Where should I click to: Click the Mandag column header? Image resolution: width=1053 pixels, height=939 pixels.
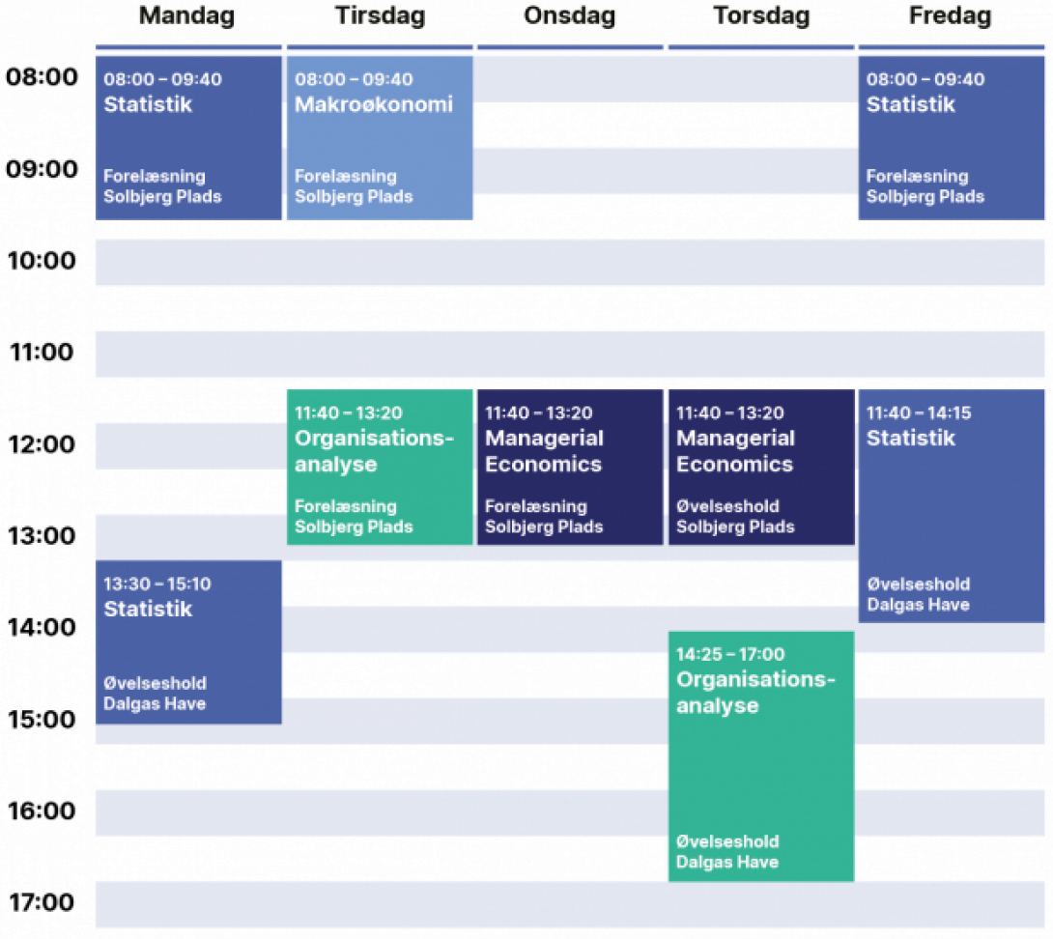point(186,16)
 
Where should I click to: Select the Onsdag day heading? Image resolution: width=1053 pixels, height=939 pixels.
point(569,15)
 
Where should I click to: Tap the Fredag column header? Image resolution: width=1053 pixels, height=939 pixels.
point(950,16)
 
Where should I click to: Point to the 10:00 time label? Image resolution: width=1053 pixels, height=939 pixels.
point(42,261)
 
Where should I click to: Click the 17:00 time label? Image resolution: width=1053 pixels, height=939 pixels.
point(42,902)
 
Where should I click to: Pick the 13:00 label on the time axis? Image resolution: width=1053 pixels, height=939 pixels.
point(42,536)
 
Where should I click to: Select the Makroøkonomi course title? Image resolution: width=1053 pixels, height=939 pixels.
point(374,104)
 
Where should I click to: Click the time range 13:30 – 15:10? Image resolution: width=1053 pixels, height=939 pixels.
point(157,583)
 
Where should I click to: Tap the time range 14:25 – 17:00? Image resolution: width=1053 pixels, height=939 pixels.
point(730,654)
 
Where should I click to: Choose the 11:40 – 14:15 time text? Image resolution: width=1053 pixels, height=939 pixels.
point(919,413)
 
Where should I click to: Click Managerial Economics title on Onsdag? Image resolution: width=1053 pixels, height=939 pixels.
point(544,451)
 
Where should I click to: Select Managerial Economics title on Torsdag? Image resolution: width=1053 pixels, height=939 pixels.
point(735,451)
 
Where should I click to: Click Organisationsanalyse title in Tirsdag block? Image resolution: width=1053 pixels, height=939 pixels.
point(374,451)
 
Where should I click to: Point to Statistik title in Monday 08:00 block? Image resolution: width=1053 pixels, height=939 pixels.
point(148,104)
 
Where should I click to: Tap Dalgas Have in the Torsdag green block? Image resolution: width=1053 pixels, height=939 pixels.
point(727,862)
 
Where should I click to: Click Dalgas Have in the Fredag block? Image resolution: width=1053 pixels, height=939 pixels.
point(918,605)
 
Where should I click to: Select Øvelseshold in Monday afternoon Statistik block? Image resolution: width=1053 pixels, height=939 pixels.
point(156,683)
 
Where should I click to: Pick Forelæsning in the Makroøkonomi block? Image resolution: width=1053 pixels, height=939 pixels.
point(346,176)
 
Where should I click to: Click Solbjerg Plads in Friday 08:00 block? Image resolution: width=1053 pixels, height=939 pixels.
point(925,196)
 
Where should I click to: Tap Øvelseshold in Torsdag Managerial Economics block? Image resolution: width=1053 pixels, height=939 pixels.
point(728,506)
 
